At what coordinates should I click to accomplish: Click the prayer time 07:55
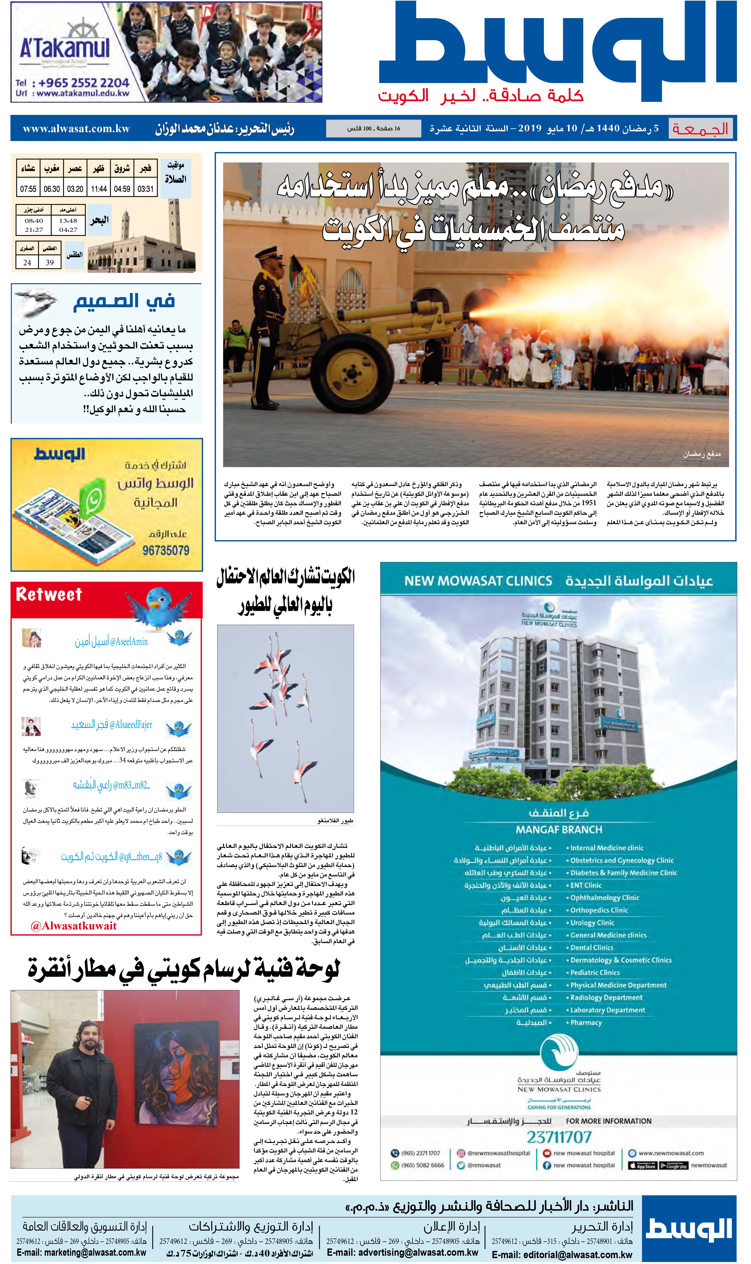tap(28, 189)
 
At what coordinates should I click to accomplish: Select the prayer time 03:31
tap(145, 189)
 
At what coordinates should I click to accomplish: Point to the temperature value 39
tap(50, 263)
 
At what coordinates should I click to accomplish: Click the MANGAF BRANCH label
tap(559, 830)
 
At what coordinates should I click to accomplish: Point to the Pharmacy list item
tap(585, 1023)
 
